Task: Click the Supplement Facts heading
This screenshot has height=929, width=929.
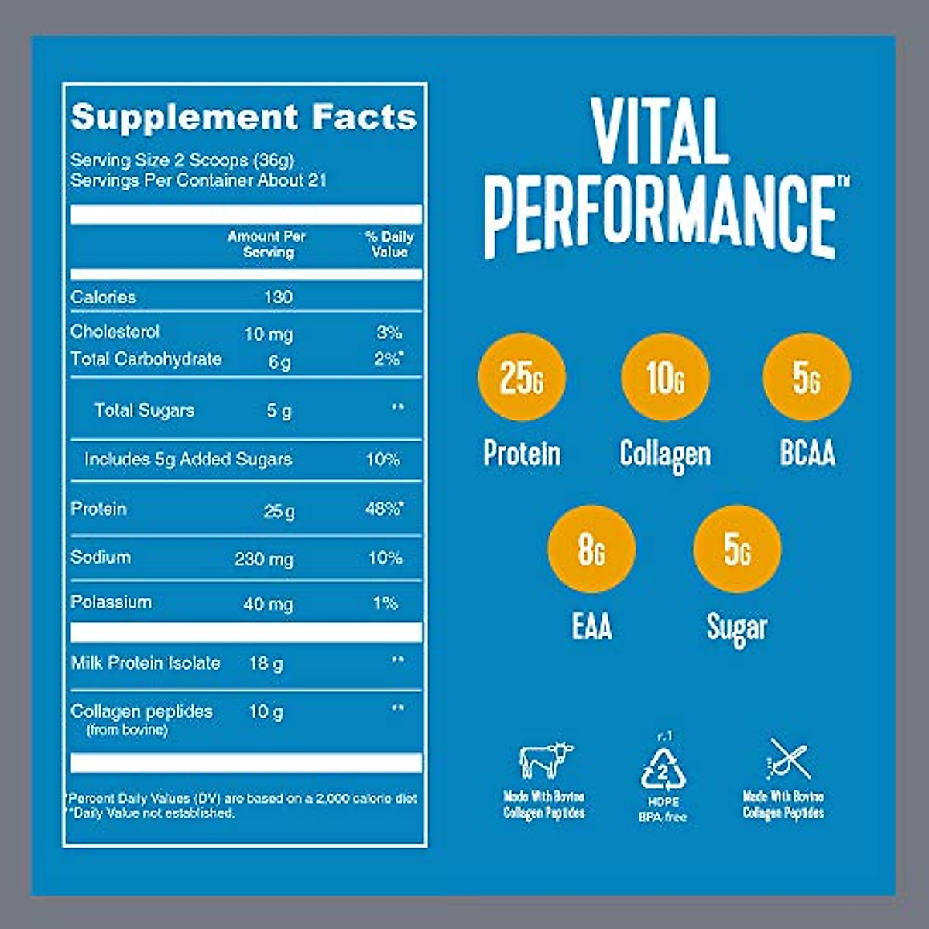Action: [x=243, y=117]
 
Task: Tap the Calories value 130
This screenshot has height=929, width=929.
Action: [x=277, y=297]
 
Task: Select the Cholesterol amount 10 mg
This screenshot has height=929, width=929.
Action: [x=268, y=334]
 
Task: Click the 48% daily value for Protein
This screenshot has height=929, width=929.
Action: [x=384, y=509]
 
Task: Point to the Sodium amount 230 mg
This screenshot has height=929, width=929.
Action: [x=264, y=559]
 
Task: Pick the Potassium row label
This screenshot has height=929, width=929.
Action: [x=111, y=602]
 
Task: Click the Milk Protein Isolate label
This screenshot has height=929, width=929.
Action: [x=146, y=663]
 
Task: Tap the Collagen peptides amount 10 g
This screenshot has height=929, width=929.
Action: [x=266, y=711]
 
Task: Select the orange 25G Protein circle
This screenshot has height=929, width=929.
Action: [x=521, y=378]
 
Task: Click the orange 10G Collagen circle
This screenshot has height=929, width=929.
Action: [x=665, y=378]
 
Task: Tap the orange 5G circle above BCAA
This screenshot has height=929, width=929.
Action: [x=806, y=378]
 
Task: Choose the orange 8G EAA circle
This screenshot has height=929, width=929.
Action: [x=591, y=550]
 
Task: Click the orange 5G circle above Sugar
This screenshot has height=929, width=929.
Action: [x=737, y=550]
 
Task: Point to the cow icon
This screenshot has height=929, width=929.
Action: [x=546, y=760]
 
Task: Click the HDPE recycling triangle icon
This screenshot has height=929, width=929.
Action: [x=663, y=769]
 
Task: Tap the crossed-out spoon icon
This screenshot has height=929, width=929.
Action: [x=787, y=759]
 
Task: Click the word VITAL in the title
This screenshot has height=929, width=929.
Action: [x=660, y=132]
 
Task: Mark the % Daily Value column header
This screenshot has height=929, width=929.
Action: [x=389, y=244]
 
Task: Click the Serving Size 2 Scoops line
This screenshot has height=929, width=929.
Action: [x=182, y=160]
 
